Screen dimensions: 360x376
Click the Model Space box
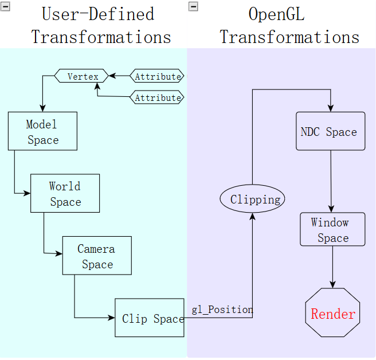[x=42, y=132]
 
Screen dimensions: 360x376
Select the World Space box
[x=65, y=194]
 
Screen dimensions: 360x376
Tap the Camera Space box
[x=97, y=256]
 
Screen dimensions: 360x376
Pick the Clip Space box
[x=150, y=318]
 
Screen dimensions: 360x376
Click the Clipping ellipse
[x=252, y=199]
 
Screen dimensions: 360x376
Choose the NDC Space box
[x=330, y=132]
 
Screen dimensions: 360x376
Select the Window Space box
[x=332, y=230]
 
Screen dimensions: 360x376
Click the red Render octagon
[x=333, y=314]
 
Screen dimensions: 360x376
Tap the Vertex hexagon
[x=82, y=76]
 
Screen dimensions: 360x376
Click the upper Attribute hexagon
[x=158, y=76]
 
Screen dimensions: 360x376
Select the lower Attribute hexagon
[x=158, y=98]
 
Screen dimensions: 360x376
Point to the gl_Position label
[x=222, y=310]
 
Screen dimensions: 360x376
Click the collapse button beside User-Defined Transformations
[x=6, y=6]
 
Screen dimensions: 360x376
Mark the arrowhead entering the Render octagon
[x=333, y=285]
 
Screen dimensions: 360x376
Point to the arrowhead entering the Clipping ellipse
[x=252, y=215]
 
